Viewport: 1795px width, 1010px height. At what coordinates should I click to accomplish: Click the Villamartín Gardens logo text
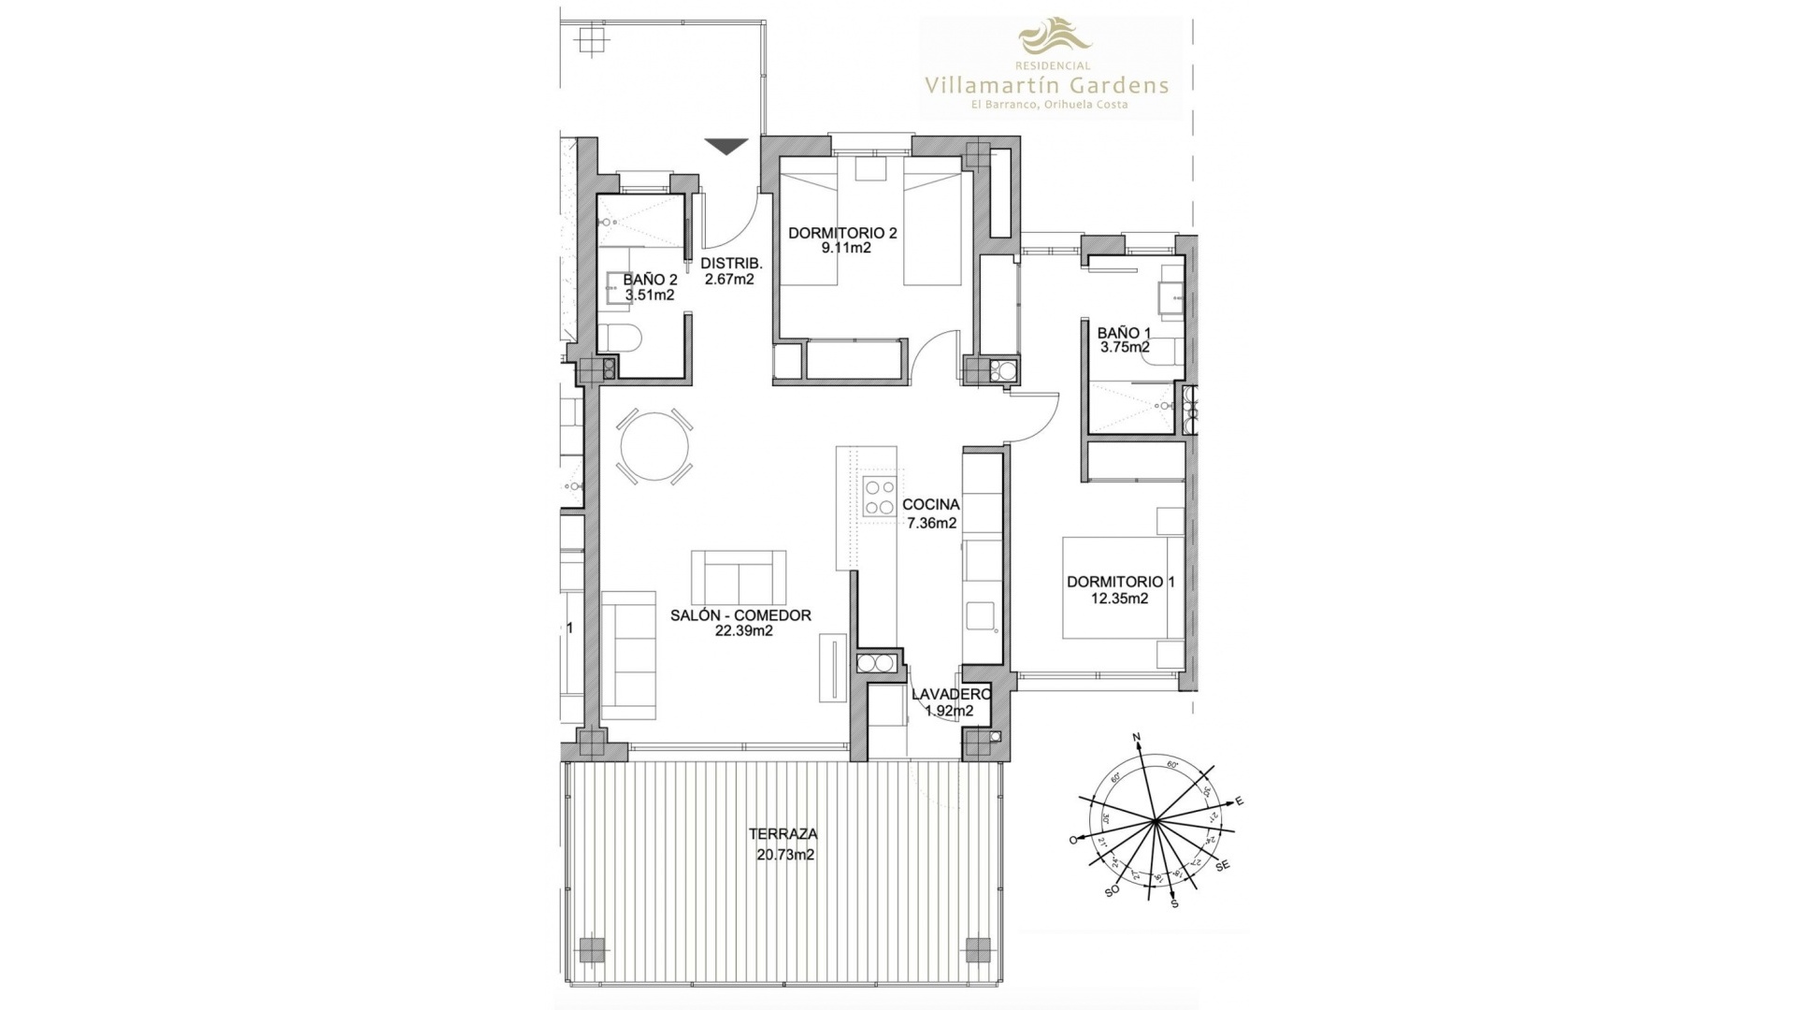pos(1046,85)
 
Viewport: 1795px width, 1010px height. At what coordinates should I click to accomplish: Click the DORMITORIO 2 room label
pos(842,233)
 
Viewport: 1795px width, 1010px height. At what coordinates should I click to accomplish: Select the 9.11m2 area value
pos(841,249)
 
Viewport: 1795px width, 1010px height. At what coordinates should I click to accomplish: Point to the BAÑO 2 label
pos(650,280)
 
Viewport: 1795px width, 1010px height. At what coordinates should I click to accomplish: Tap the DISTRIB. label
pos(732,263)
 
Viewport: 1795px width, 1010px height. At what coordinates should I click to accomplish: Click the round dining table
pos(655,447)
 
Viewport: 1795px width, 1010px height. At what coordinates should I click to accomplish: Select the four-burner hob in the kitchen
pos(879,497)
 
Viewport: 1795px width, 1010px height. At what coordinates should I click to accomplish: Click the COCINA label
pos(931,505)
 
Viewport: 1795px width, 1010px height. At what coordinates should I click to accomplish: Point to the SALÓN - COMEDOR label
pos(740,615)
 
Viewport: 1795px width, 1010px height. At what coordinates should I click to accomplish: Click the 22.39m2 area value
pos(742,631)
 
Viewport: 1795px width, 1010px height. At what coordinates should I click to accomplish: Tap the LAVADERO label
pos(951,695)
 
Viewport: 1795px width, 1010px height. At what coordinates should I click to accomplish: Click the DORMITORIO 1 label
pos(1121,582)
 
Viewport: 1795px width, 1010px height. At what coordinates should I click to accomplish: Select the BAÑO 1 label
pos(1124,332)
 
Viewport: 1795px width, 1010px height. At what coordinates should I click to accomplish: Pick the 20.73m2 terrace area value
pos(785,855)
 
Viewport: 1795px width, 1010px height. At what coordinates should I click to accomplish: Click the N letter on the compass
pos(1138,739)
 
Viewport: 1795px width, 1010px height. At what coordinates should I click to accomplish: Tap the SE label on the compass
pos(1222,866)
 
